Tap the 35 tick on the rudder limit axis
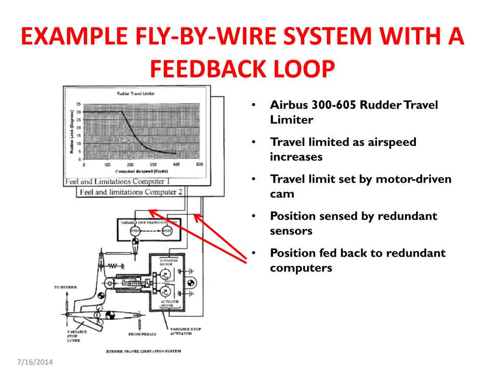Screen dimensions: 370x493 78,104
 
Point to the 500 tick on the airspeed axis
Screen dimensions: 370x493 199,165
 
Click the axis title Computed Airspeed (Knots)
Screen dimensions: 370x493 141,171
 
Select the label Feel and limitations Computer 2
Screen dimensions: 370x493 131,192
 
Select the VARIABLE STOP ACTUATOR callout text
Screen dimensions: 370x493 186,331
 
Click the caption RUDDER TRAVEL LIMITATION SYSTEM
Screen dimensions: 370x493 143,351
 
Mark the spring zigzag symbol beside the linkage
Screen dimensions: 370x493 113,265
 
